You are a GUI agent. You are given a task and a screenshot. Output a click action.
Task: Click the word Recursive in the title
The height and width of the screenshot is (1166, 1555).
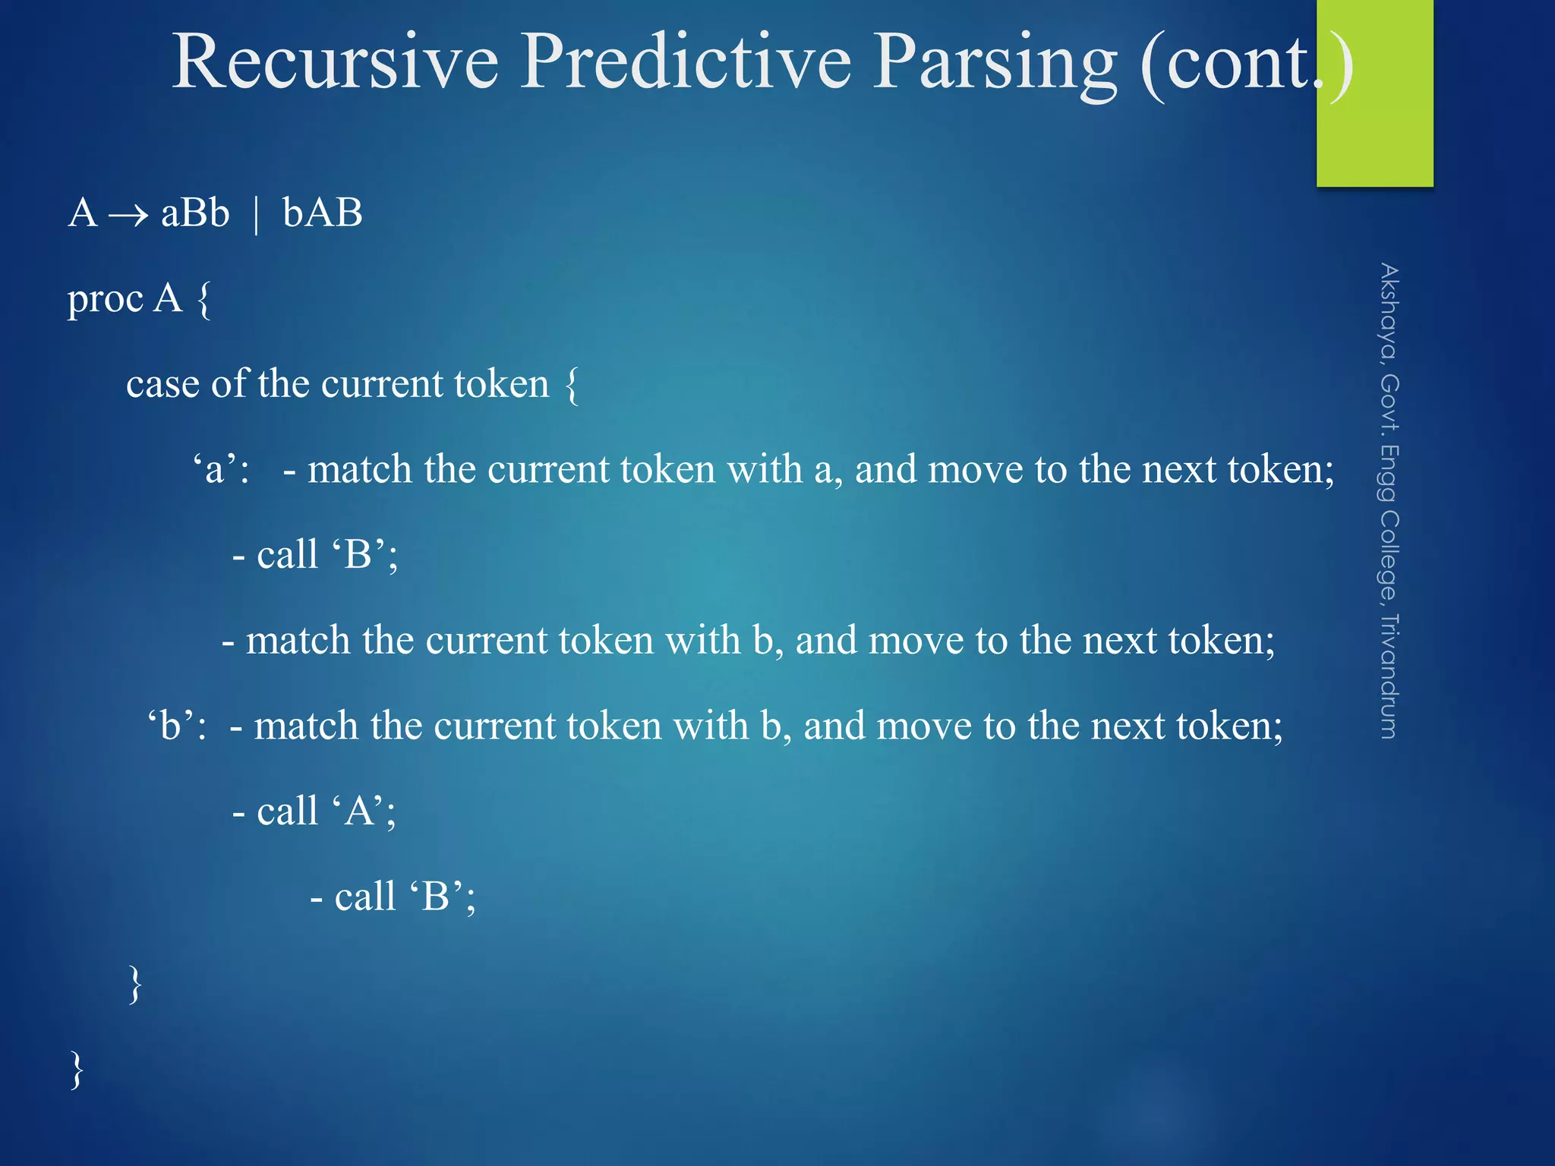pos(335,62)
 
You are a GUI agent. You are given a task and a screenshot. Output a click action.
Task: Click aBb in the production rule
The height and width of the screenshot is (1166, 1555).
pos(195,213)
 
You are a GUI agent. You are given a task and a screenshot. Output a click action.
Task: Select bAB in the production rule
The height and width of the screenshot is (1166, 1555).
pos(323,213)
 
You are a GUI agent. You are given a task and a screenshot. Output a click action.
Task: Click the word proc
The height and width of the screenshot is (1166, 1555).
pos(105,299)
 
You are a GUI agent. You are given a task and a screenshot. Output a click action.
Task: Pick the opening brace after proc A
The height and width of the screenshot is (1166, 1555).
pos(203,301)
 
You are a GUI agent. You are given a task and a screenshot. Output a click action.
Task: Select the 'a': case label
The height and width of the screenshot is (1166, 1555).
pos(221,468)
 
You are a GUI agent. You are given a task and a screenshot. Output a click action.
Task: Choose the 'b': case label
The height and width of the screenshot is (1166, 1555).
pos(177,726)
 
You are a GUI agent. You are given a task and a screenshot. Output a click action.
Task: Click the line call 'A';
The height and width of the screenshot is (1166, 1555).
pos(314,811)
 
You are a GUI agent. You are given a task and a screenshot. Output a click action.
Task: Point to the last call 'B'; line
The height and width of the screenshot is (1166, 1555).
pos(393,897)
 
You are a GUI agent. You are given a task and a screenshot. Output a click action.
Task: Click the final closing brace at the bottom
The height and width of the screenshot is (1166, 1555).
pos(77,1070)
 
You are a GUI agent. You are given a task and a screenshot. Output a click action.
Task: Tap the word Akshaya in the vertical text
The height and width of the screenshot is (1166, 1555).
pos(1389,311)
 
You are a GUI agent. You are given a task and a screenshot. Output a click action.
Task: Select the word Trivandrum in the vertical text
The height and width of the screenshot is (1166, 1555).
pos(1389,676)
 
